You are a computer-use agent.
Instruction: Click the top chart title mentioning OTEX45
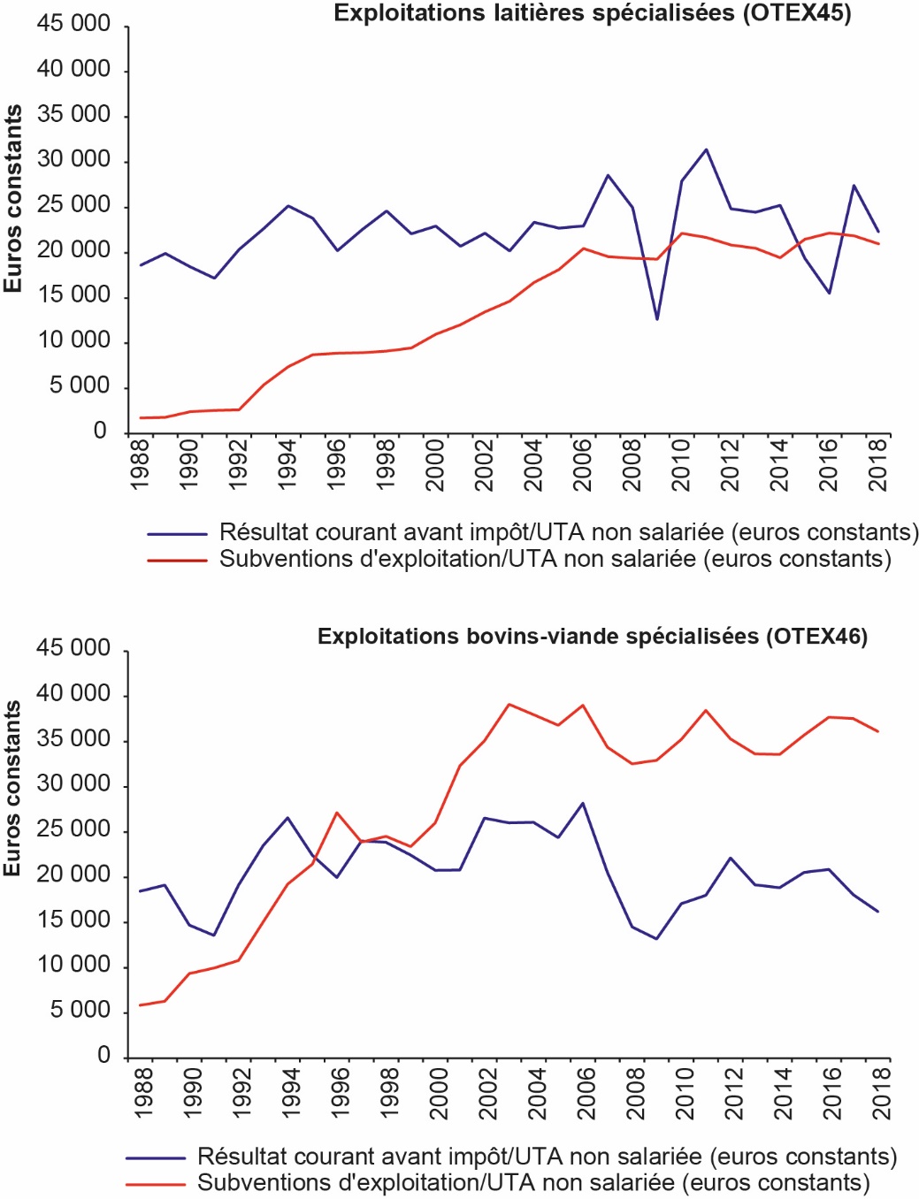point(592,13)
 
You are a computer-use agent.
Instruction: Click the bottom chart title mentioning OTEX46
point(592,637)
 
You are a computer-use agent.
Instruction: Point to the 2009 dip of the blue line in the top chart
point(656,319)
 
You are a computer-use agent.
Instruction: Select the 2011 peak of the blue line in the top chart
point(706,149)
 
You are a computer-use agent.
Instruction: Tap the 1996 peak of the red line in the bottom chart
point(337,813)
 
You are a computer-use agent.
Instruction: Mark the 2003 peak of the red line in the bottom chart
point(509,705)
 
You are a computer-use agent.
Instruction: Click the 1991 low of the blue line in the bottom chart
point(214,936)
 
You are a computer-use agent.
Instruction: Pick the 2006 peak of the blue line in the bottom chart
point(583,804)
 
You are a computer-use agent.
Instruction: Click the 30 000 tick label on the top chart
point(73,160)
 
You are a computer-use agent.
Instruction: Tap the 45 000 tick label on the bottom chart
point(73,648)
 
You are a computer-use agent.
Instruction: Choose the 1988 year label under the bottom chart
point(142,1093)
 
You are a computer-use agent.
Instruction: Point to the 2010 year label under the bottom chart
point(683,1093)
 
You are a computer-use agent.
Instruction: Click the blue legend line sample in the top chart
point(177,534)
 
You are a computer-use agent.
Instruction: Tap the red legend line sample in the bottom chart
point(156,1184)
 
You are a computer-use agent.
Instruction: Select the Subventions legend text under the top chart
point(555,560)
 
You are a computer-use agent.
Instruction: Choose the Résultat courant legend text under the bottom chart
point(547,1157)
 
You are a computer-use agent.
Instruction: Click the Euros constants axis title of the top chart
point(12,199)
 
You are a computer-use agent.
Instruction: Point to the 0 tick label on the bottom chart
point(103,1056)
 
